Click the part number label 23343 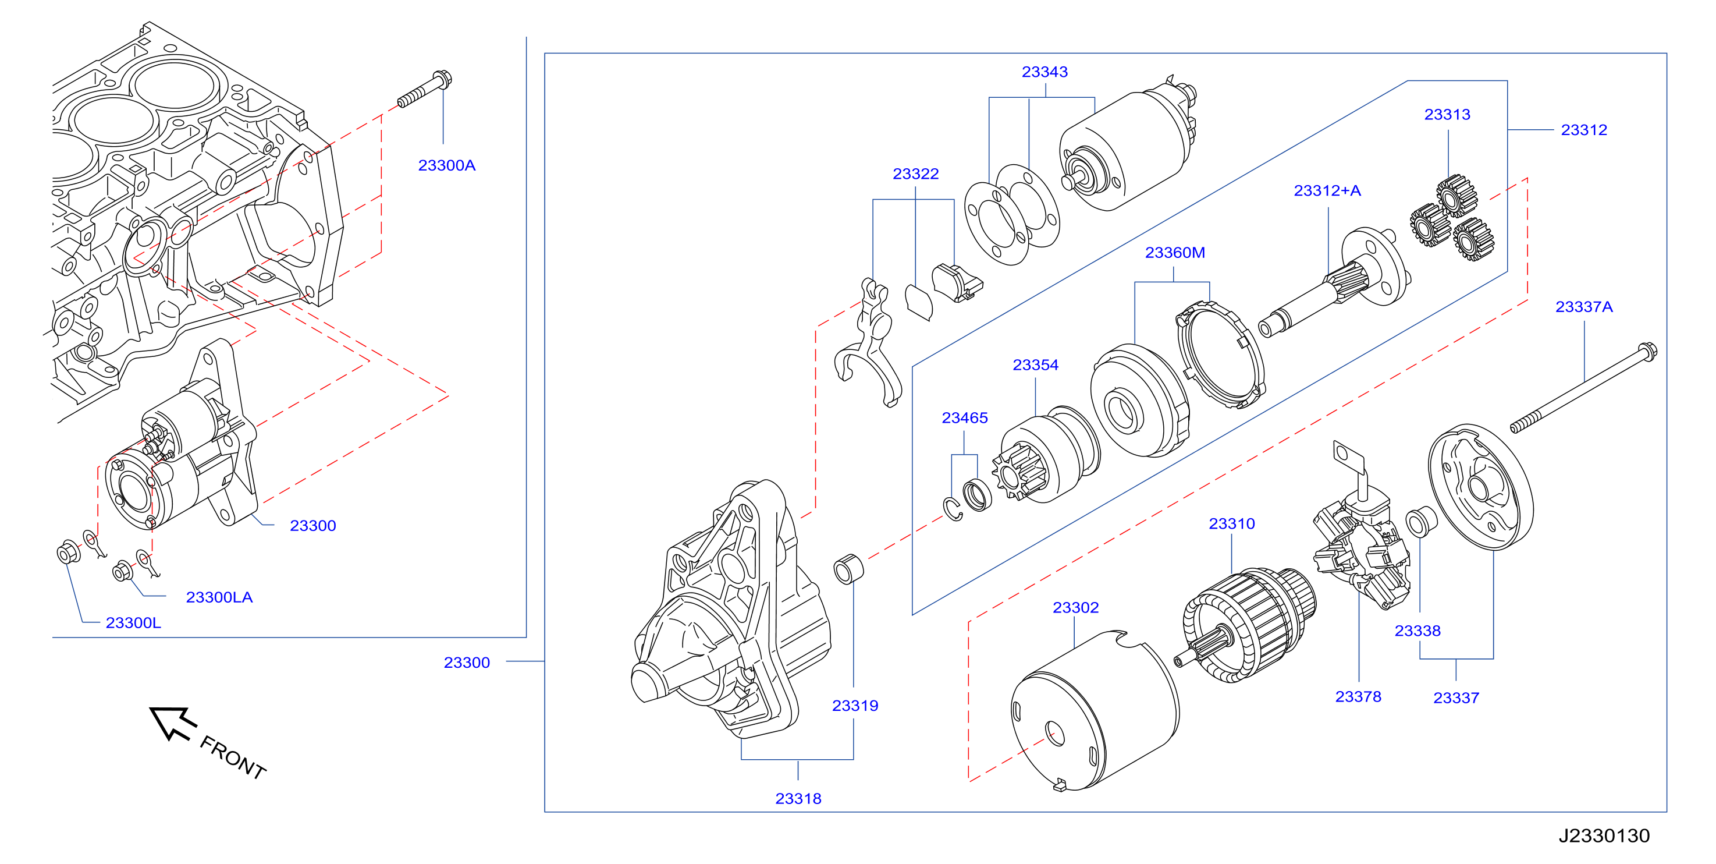(1044, 72)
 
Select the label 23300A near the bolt (446, 165)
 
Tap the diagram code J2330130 (1604, 835)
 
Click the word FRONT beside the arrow (233, 757)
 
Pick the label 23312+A (1327, 190)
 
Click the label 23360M (1174, 253)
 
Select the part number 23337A (1583, 307)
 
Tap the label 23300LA (219, 597)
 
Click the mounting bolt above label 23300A (425, 89)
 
